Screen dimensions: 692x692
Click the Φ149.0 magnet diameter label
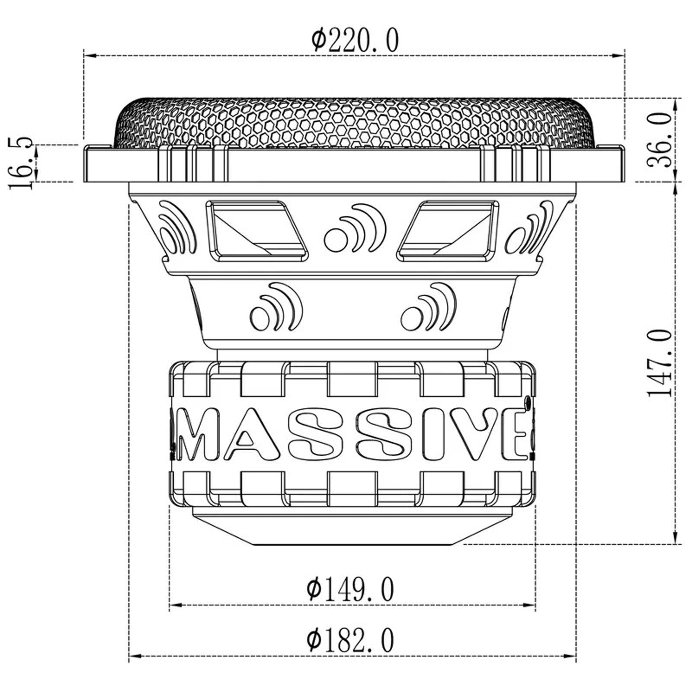click(350, 589)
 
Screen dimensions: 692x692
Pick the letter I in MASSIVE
click(432, 435)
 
